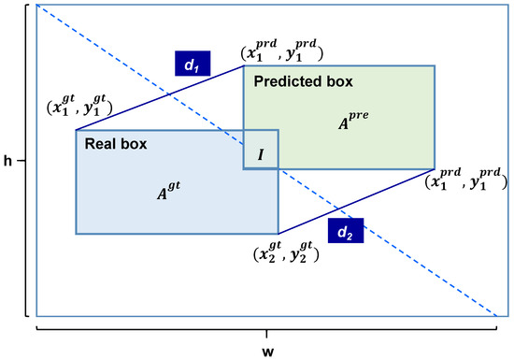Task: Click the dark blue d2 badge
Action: click(345, 231)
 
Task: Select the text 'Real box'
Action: click(116, 145)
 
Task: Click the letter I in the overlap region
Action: click(260, 153)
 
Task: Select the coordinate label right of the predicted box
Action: click(460, 179)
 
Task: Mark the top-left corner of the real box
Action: click(76, 130)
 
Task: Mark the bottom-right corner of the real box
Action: click(278, 233)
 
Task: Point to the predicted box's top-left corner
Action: click(244, 65)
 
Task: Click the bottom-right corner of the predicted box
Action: click(435, 168)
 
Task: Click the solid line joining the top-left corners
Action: click(159, 98)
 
